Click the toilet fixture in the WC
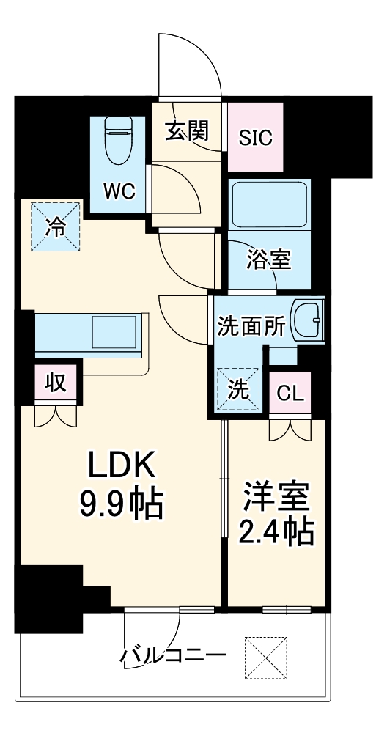pos(117,141)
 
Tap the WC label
pos(119,192)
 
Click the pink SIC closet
pos(255,137)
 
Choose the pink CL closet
pos(290,393)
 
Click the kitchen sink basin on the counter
pos(113,332)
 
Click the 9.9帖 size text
pos(121,503)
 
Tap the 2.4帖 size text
pos(277,531)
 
